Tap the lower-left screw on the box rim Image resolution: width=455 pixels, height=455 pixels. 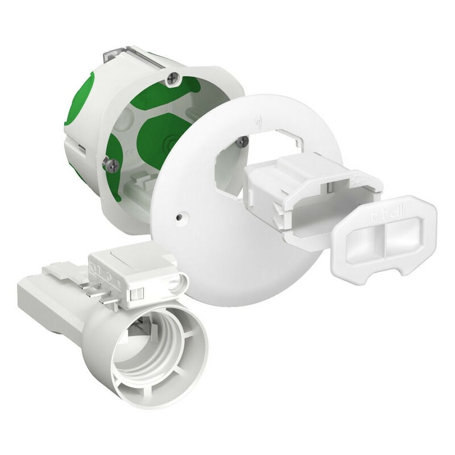point(111,165)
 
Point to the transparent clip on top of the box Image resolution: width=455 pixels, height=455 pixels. point(122,57)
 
